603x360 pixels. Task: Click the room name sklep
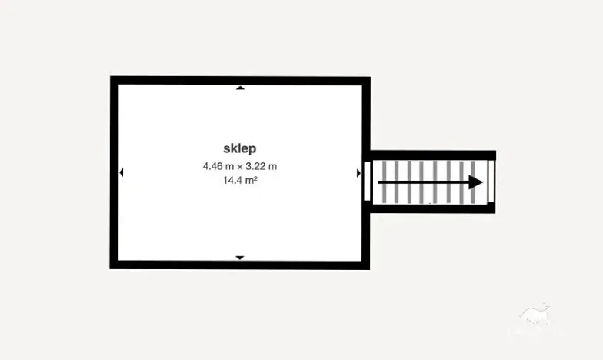point(240,148)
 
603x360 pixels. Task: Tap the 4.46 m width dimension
point(218,166)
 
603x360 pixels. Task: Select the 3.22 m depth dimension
point(262,166)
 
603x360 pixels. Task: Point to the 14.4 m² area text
point(240,180)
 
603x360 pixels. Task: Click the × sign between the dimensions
point(240,167)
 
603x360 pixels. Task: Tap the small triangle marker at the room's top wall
point(240,88)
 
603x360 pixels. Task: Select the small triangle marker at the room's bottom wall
point(240,258)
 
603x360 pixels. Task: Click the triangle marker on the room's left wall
point(122,172)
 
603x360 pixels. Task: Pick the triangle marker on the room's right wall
point(358,173)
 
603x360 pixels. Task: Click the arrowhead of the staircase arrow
point(476,182)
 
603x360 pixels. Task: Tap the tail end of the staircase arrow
point(379,182)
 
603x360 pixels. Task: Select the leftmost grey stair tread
point(384,182)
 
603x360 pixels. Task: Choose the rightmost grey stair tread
point(473,182)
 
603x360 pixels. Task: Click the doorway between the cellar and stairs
point(367,182)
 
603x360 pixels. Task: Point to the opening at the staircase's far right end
point(491,182)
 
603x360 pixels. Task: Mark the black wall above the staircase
point(433,155)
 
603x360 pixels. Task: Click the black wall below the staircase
point(432,209)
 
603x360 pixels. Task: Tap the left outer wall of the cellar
point(114,172)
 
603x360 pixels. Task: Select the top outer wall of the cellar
point(240,80)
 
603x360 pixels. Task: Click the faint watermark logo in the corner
point(535,321)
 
